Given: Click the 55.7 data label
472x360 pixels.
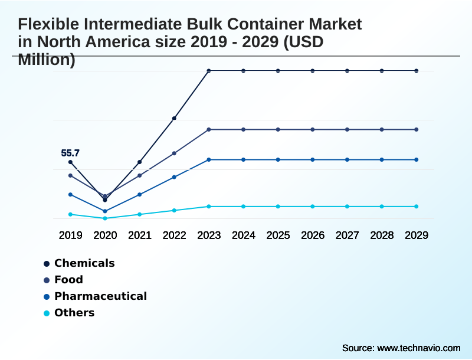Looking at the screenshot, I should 70,153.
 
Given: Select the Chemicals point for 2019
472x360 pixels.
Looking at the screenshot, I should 70,162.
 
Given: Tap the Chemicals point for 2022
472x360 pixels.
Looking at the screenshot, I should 174,119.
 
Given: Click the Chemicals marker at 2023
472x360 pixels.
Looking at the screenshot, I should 209,71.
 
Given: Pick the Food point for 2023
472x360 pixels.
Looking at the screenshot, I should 209,129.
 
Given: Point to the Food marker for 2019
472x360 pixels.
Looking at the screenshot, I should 70,175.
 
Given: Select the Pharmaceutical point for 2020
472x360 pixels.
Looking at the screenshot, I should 105,211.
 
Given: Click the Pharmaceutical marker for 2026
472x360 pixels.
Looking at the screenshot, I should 313,159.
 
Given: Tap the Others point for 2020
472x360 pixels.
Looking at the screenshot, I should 105,218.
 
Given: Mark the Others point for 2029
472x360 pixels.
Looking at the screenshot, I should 417,207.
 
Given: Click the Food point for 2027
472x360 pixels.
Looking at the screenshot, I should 347,129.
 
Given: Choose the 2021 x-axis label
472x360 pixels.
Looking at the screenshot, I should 140,235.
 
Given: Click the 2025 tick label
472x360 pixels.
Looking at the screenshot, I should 278,235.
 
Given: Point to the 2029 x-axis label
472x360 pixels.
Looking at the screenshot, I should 417,235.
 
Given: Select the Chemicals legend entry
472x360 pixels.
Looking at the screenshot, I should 84,263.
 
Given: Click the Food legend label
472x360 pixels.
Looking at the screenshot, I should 68,280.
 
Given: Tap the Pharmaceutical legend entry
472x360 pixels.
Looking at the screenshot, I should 100,296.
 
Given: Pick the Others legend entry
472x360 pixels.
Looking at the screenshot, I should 74,313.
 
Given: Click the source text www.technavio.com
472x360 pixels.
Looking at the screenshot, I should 418,348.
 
